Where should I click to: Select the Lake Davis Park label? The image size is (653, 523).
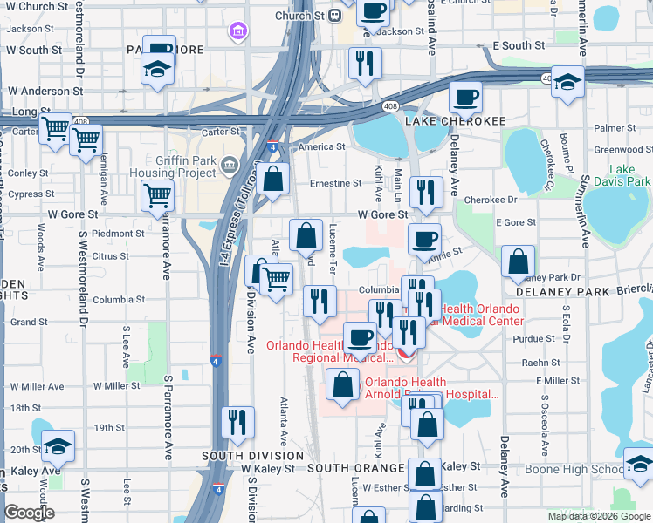click(x=629, y=175)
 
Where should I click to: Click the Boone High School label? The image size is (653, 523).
click(x=573, y=469)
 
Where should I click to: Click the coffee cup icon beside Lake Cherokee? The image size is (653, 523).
click(x=465, y=98)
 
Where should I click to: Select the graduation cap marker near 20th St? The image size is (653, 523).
click(x=58, y=445)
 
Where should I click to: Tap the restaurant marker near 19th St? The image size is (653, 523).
click(x=237, y=423)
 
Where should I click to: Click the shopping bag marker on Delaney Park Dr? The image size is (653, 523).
click(x=519, y=261)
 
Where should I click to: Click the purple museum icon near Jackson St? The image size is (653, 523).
click(x=237, y=33)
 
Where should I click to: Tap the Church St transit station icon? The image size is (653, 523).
click(x=334, y=16)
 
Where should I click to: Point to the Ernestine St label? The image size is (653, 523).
click(x=336, y=184)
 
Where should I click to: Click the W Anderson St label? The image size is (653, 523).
click(x=45, y=90)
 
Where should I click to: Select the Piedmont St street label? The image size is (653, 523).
click(x=118, y=234)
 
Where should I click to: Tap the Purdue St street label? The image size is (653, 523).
click(x=535, y=338)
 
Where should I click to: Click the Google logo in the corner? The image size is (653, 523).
click(x=29, y=513)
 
